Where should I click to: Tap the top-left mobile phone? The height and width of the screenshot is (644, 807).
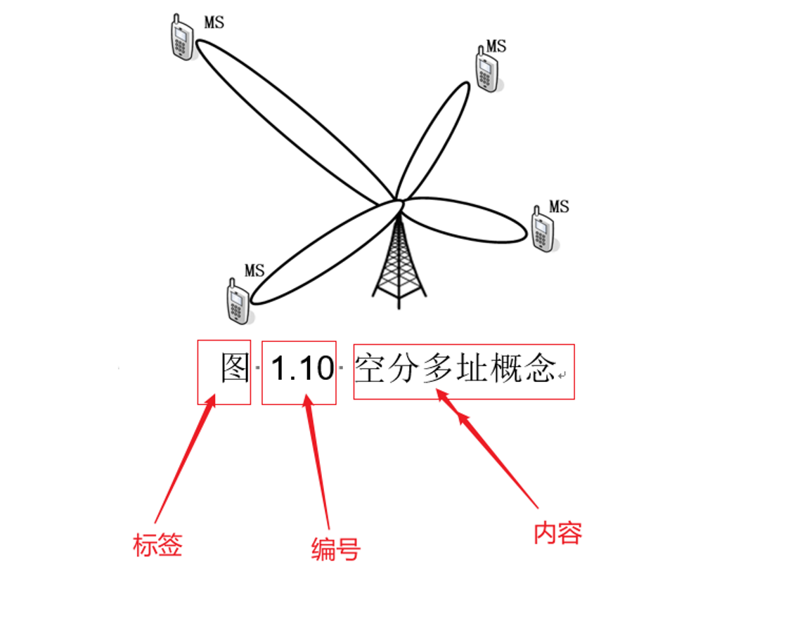[182, 39]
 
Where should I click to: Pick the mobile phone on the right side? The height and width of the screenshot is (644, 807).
[543, 230]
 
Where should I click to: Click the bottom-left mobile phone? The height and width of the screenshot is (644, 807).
[239, 301]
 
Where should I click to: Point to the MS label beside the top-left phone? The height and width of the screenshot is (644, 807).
[214, 22]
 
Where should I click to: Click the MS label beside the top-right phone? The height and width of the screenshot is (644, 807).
[496, 46]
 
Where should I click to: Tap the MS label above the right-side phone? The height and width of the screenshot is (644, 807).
[559, 206]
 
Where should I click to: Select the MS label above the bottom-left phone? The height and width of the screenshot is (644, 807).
[254, 270]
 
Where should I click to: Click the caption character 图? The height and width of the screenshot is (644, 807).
[235, 368]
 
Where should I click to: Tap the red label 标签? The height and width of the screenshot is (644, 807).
[157, 544]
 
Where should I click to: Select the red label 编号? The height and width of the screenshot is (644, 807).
[335, 549]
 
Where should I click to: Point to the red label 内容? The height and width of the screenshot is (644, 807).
[557, 534]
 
